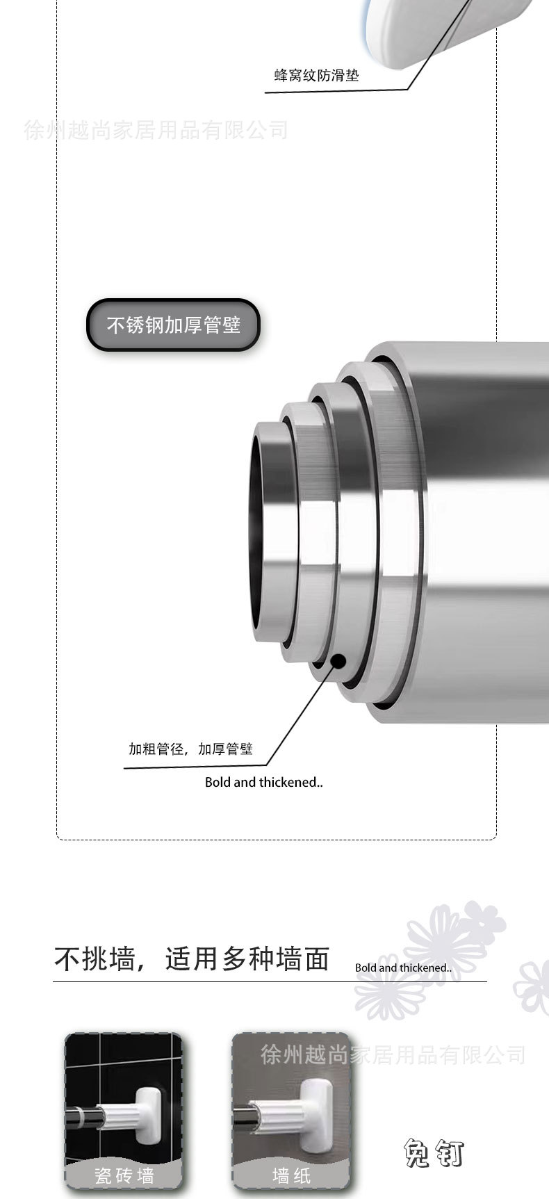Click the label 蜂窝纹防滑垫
(317, 76)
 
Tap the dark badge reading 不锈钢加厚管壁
(173, 325)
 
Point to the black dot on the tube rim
(338, 660)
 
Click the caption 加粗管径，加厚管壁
(190, 749)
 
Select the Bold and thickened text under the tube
(264, 783)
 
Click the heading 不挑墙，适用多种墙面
(192, 960)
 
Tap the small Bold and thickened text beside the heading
(403, 968)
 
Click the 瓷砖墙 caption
(124, 1175)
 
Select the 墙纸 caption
(290, 1175)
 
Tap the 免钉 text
(434, 1155)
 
